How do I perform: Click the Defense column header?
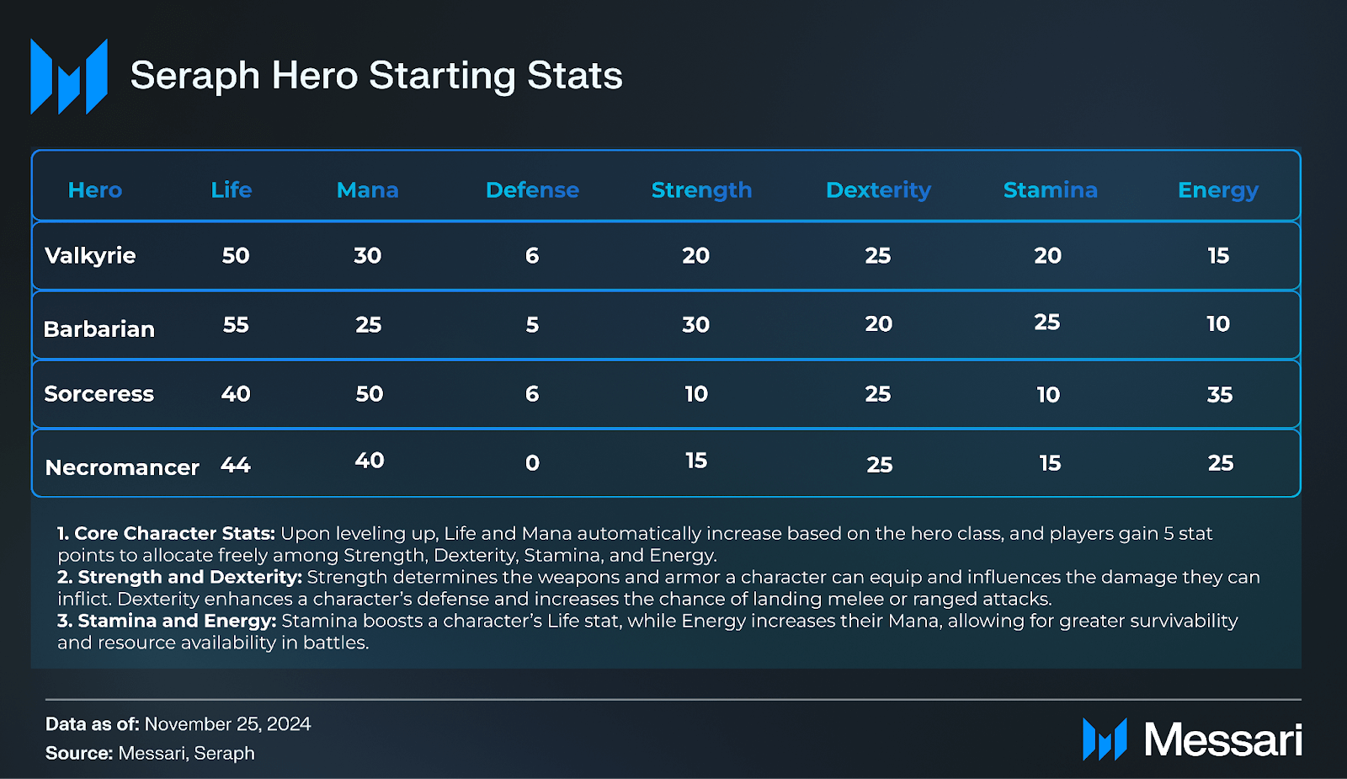click(532, 190)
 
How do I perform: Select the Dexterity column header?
click(878, 190)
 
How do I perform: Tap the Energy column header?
click(1217, 190)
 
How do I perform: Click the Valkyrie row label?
click(90, 256)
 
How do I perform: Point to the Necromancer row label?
click(122, 467)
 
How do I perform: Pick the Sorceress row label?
click(99, 394)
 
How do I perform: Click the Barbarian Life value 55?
click(236, 325)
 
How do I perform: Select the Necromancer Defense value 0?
click(532, 463)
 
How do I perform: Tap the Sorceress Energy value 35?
click(1219, 395)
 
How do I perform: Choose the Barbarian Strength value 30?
click(695, 325)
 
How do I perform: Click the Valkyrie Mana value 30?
click(367, 256)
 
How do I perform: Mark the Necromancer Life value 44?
click(236, 465)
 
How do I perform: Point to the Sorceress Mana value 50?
click(369, 394)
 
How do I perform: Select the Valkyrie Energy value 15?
click(1218, 256)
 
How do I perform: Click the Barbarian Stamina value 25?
click(1046, 323)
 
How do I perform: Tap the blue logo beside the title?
click(69, 76)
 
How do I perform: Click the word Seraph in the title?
click(195, 76)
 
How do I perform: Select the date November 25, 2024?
click(227, 724)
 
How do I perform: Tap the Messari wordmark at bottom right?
click(1222, 740)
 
